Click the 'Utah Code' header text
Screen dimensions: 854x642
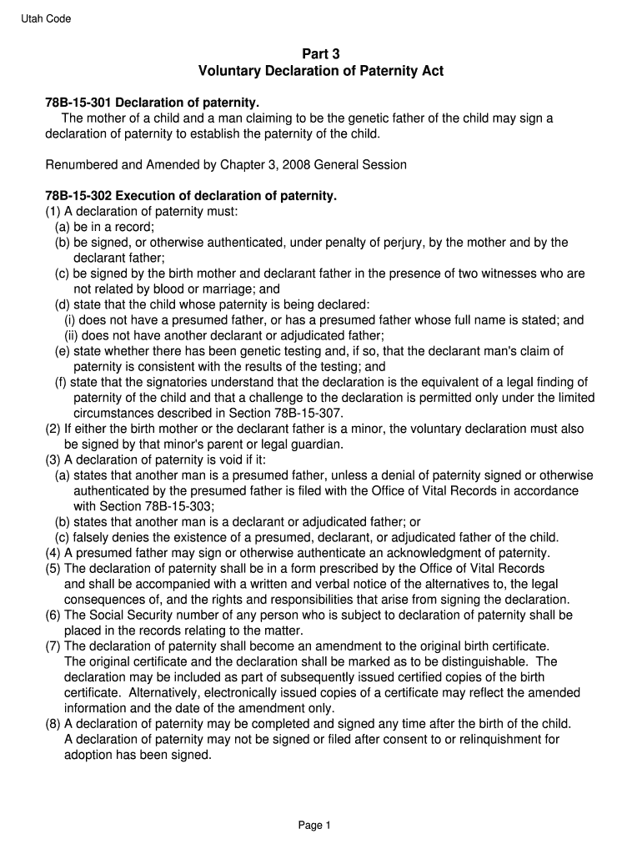point(46,19)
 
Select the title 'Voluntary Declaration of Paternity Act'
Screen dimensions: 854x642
point(321,71)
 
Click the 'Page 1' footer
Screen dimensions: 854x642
point(315,826)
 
